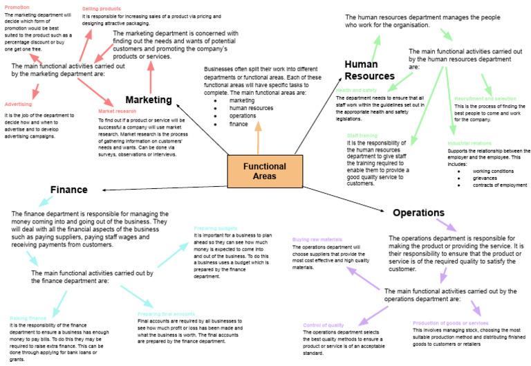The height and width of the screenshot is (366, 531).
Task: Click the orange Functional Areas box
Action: pos(260,171)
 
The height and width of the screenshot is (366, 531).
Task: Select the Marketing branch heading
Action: pos(148,100)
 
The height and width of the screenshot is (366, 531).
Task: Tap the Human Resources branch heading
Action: pos(369,70)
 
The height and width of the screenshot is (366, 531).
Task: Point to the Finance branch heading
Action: pos(68,190)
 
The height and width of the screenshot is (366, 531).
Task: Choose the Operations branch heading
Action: pos(418,212)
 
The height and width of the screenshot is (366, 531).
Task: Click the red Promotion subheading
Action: pos(17,6)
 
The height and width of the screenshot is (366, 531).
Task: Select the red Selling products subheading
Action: pos(102,8)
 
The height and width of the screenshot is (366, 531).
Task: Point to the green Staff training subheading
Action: pos(362,136)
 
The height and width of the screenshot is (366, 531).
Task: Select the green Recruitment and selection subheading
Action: pos(485,99)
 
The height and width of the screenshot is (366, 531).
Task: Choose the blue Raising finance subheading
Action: pos(29,318)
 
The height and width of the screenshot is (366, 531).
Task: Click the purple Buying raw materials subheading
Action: pos(317,239)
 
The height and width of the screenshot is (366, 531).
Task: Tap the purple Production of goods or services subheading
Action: pos(450,323)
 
